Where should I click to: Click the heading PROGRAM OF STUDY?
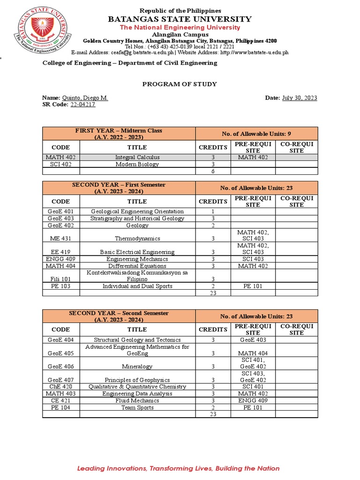180,84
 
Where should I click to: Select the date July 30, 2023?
300,98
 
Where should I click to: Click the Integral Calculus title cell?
137,157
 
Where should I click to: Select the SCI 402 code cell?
61,165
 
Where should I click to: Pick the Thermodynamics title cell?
137,239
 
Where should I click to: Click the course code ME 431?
61,239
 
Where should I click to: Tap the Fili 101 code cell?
61,279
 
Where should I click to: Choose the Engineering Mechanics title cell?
137,259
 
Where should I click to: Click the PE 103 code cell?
61,286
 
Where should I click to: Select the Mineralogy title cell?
137,367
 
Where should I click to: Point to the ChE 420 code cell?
61,387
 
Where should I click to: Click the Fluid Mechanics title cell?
137,401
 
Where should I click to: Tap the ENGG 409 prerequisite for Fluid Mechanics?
253,401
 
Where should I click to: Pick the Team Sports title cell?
137,408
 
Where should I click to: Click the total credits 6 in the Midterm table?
213,172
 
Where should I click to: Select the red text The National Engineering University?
180,28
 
